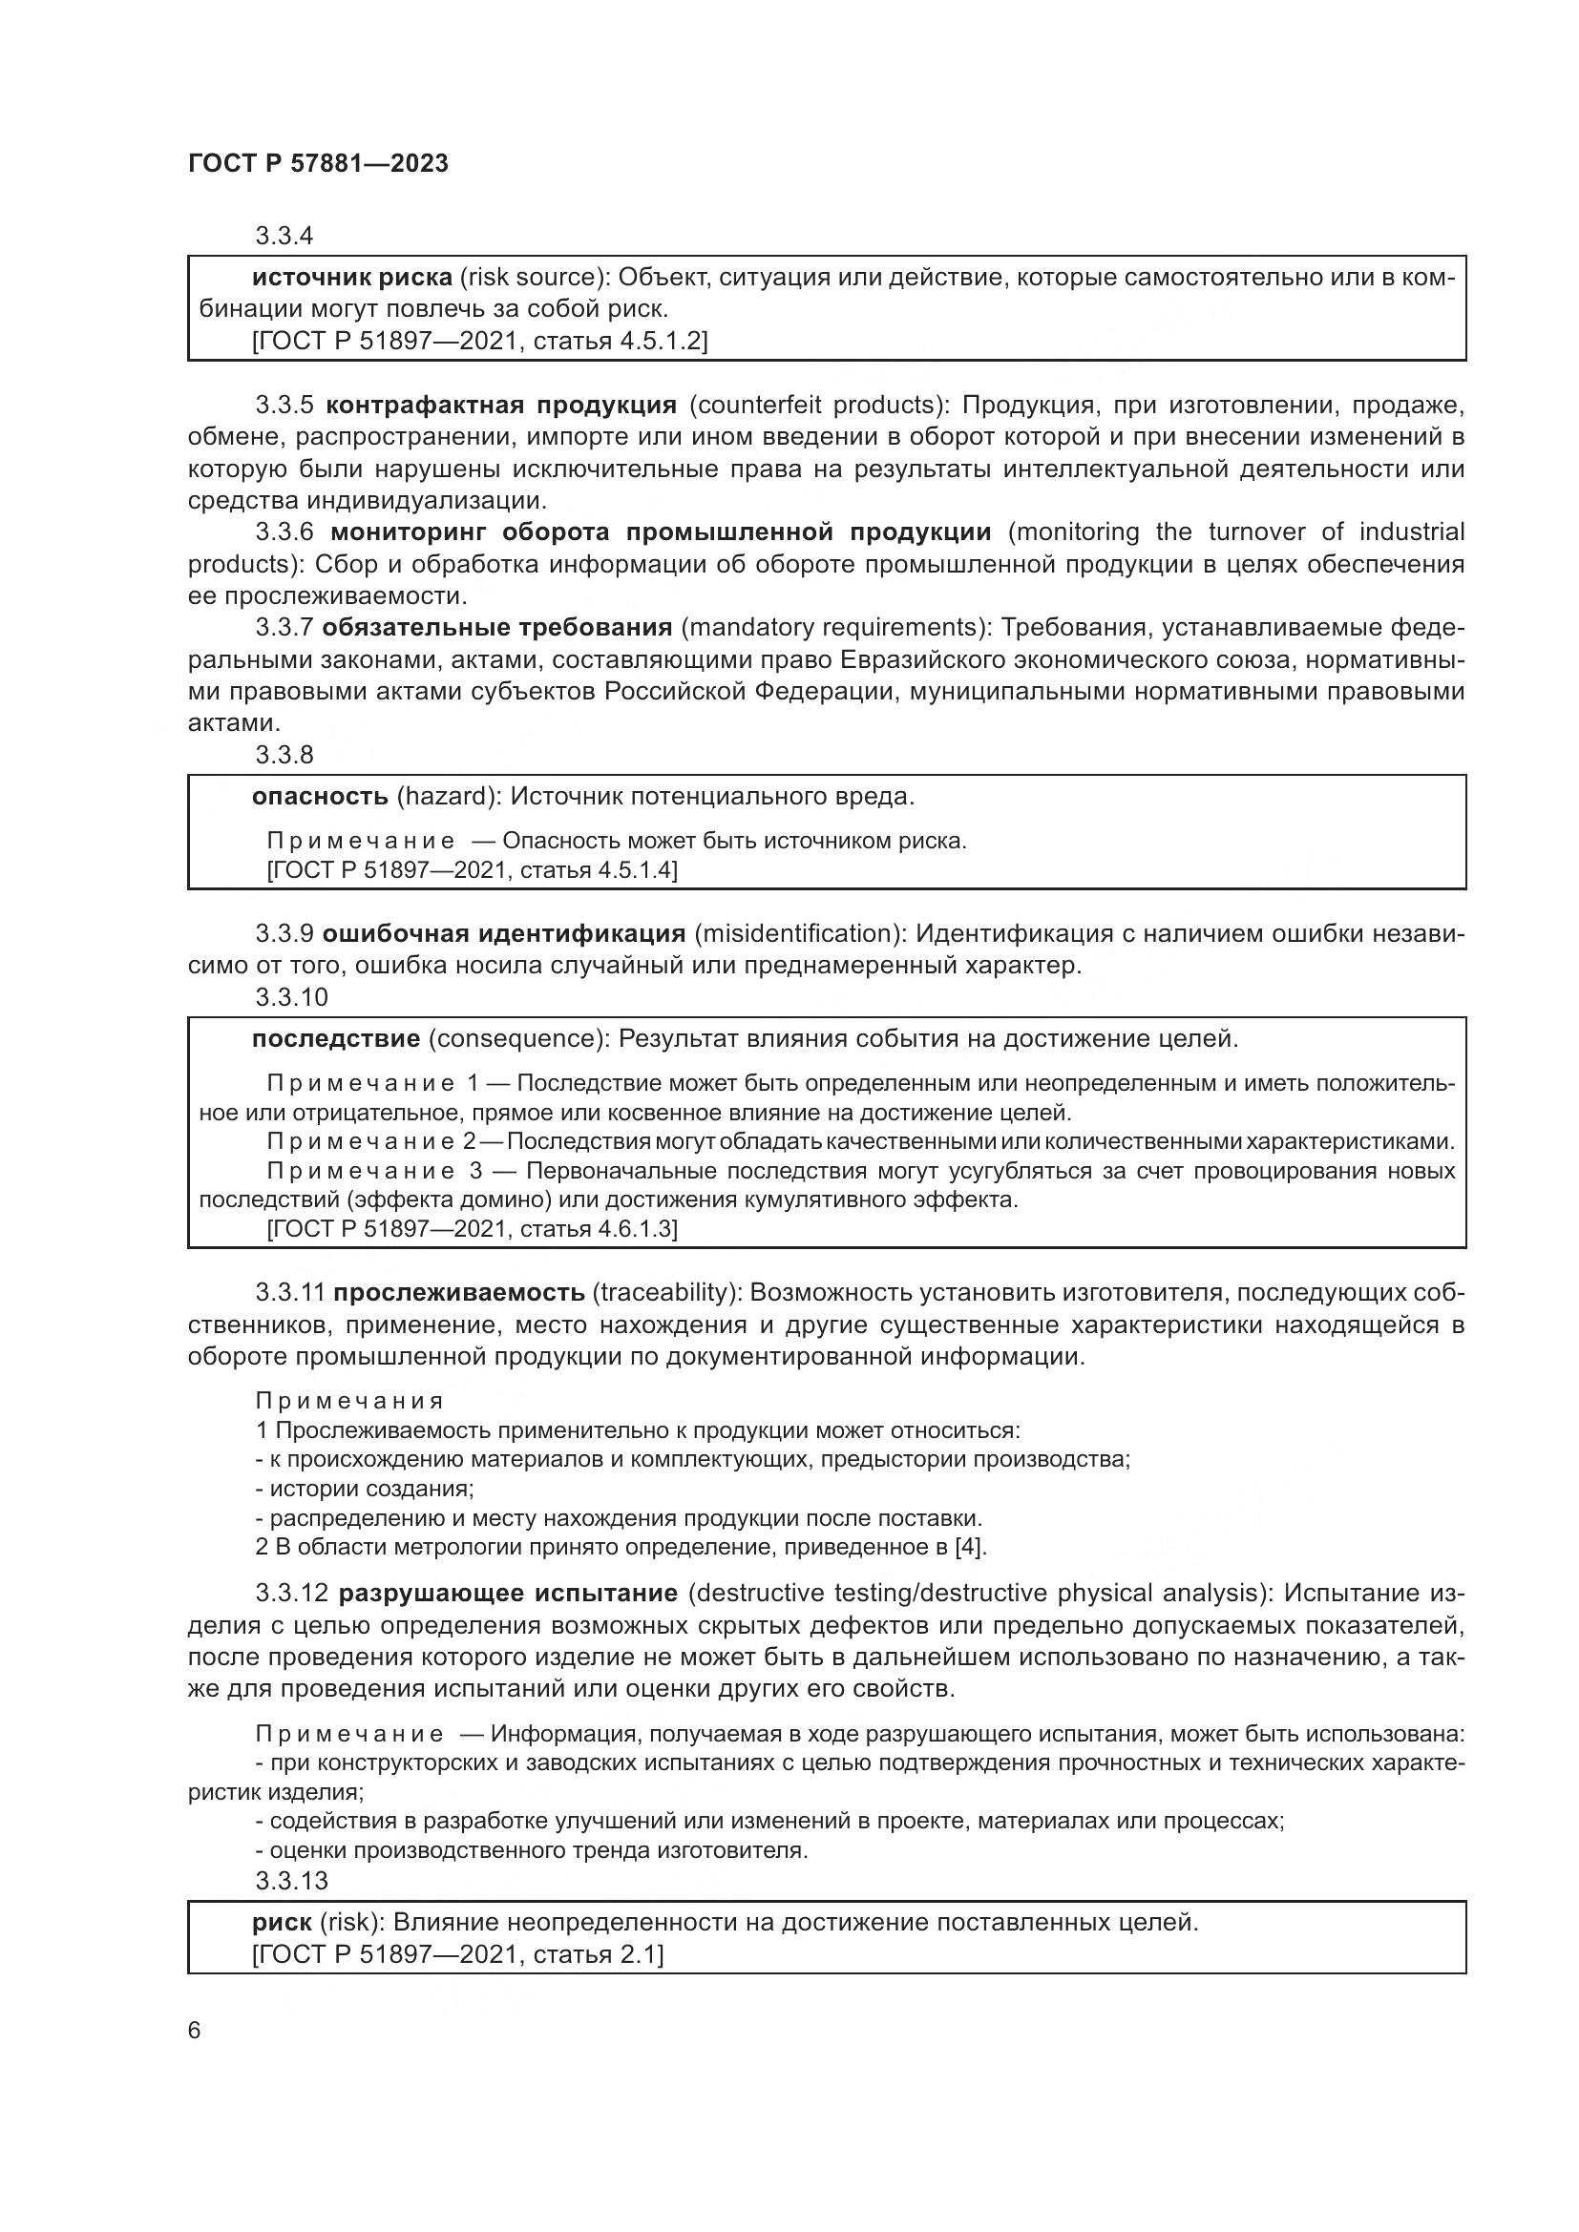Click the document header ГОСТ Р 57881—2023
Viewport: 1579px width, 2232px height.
318,163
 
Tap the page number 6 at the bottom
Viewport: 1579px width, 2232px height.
195,2030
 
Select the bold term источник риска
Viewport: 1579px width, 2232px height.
352,278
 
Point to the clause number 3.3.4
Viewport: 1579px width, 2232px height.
284,236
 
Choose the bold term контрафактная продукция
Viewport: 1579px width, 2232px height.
501,405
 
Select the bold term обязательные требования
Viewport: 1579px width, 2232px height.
496,627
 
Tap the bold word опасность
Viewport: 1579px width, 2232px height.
320,797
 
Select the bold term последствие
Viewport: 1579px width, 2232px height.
335,1039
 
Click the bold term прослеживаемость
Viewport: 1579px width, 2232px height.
459,1293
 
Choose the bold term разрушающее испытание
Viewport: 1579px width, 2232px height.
508,1594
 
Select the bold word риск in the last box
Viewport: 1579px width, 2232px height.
282,1923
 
